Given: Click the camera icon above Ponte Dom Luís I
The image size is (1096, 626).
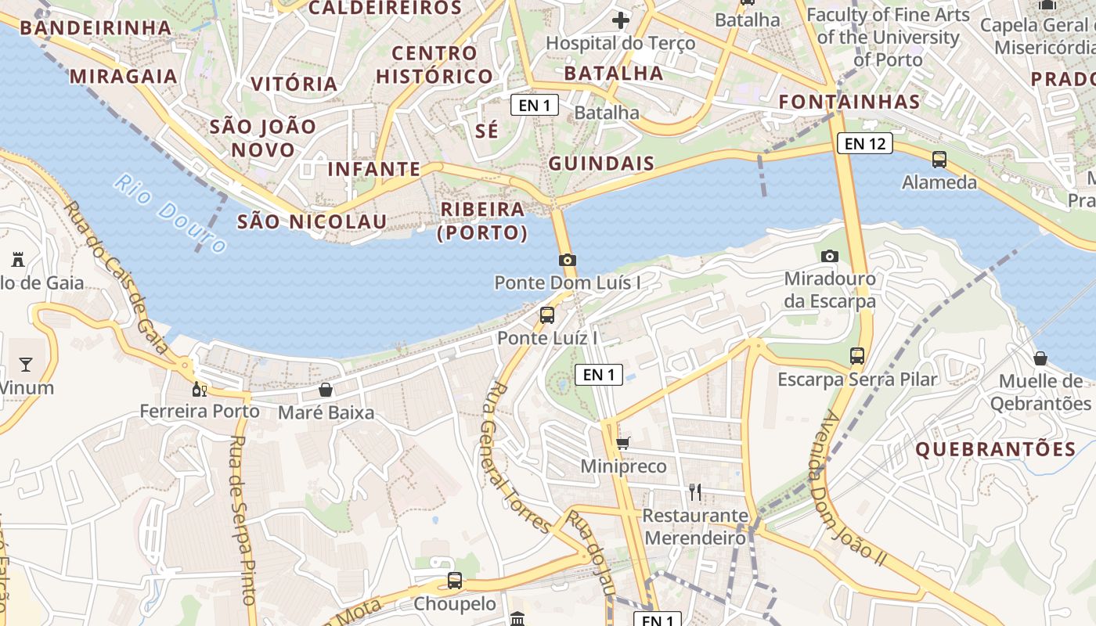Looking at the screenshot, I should (x=568, y=260).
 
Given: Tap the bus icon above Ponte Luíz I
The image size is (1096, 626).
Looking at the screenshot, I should (x=547, y=315).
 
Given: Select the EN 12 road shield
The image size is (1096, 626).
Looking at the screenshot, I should (x=864, y=143).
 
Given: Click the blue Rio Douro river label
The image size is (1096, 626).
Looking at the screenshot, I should (x=169, y=214).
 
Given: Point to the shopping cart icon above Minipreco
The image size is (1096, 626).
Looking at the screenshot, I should (x=623, y=444).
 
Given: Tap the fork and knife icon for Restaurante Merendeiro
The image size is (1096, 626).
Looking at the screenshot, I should (x=694, y=491).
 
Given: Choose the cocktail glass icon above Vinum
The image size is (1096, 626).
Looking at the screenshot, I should (x=26, y=364).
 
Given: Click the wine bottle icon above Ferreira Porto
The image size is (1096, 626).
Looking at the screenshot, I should (x=200, y=389).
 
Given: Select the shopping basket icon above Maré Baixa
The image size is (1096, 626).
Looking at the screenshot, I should (x=326, y=390).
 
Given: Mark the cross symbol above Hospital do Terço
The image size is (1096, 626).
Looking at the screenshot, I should (x=621, y=20).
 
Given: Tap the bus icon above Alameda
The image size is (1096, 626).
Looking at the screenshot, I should (x=939, y=160).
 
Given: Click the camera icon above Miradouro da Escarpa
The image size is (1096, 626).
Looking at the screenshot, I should (x=830, y=256).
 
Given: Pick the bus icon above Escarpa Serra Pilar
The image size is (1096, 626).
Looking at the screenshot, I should (x=857, y=356).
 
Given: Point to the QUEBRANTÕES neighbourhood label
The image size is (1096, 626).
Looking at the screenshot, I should (x=996, y=449).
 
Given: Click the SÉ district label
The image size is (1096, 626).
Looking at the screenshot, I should (x=486, y=131).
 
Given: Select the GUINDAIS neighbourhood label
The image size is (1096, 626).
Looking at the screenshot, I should (x=601, y=164).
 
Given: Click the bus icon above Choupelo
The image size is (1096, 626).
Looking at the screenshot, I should (x=455, y=581).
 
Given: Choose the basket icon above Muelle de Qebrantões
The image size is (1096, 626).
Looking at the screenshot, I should (x=1040, y=358).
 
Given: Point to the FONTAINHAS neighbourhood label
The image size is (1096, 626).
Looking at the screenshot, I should (x=849, y=102).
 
